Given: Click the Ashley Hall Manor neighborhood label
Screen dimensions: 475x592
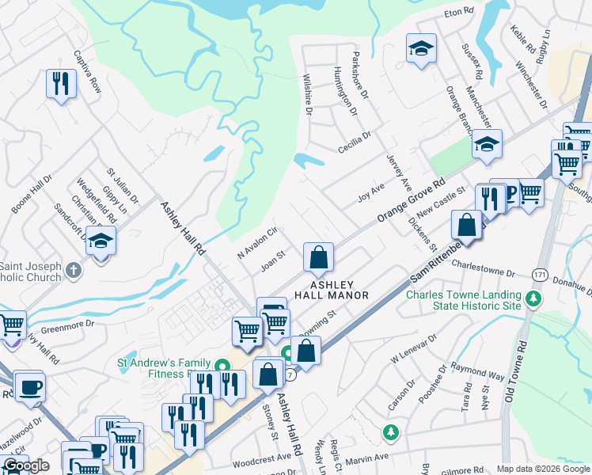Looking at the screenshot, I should pyautogui.click(x=332, y=290).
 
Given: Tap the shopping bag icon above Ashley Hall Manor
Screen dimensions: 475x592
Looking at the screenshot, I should pyautogui.click(x=318, y=257).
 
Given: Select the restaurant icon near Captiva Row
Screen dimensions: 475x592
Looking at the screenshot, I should pyautogui.click(x=61, y=83).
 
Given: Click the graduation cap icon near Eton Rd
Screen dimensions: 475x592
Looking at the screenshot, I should pyautogui.click(x=421, y=49).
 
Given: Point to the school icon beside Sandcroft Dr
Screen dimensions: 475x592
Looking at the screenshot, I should pyautogui.click(x=101, y=241).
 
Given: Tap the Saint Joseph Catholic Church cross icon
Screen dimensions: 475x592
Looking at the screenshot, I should pyautogui.click(x=73, y=270).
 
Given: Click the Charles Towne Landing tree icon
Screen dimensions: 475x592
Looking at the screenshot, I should pyautogui.click(x=534, y=298).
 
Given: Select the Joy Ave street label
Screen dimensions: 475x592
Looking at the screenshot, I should pyautogui.click(x=370, y=192).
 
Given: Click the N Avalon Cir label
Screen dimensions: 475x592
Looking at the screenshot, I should pyautogui.click(x=257, y=244).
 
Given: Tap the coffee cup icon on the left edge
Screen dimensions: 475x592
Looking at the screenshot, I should pyautogui.click(x=30, y=387).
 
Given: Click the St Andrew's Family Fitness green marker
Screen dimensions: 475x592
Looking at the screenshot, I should pyautogui.click(x=222, y=366).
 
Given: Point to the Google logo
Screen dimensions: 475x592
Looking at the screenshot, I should pyautogui.click(x=26, y=465).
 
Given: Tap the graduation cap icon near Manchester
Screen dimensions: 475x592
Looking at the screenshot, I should pyautogui.click(x=487, y=145).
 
